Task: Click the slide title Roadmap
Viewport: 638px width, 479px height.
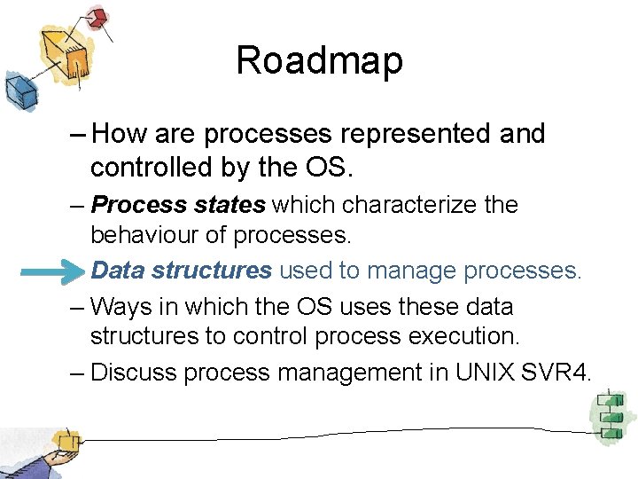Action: pyautogui.click(x=319, y=61)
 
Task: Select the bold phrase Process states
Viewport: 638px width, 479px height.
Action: pyautogui.click(x=178, y=205)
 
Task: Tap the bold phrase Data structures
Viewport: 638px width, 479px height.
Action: pyautogui.click(x=182, y=270)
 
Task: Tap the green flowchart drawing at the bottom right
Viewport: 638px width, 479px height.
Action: pyautogui.click(x=610, y=414)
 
